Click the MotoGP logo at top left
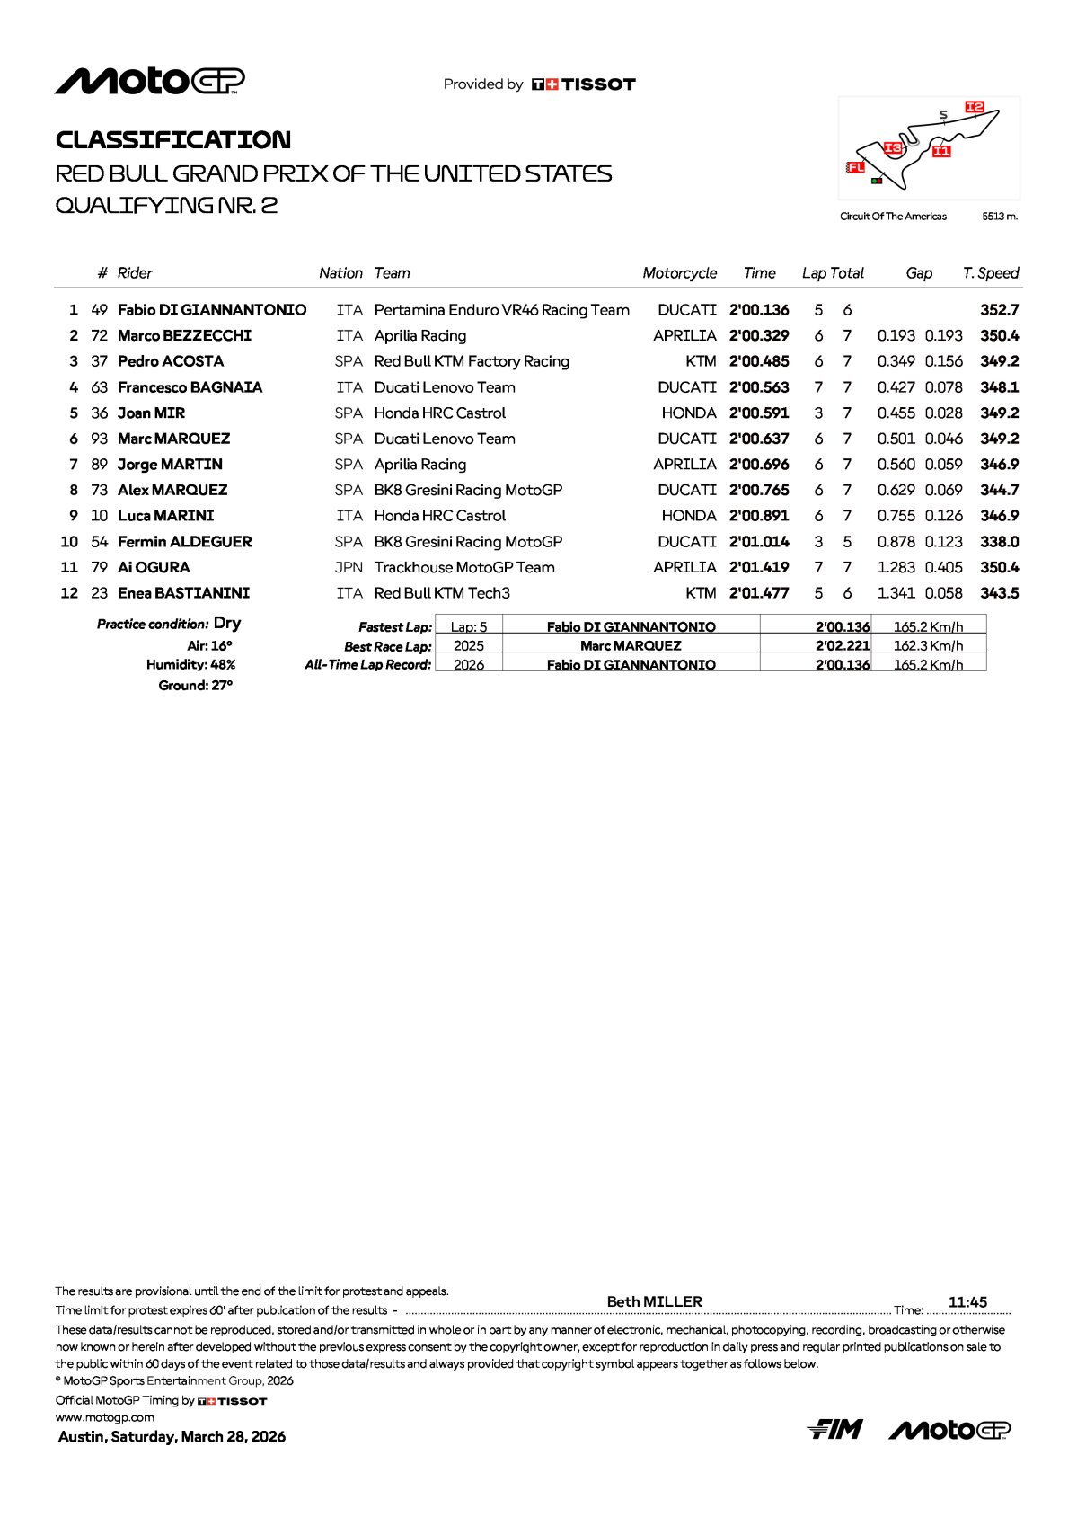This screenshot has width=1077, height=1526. (x=150, y=82)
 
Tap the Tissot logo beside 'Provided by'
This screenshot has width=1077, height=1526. (x=584, y=84)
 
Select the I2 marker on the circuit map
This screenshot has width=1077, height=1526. (x=975, y=107)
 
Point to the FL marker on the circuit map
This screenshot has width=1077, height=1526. (x=855, y=167)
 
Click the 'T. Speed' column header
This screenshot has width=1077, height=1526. (x=990, y=273)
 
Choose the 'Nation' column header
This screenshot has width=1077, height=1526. (x=340, y=273)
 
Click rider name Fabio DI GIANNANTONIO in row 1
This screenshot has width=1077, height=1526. (x=212, y=310)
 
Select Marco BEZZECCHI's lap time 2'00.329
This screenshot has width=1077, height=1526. (x=759, y=336)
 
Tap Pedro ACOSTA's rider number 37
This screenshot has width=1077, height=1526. (x=99, y=361)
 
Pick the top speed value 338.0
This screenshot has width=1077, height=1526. (x=999, y=542)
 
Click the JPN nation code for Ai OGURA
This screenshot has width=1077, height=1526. (x=349, y=568)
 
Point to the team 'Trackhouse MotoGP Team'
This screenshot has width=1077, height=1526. (x=464, y=568)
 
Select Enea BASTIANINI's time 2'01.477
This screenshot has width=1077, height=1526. (x=759, y=593)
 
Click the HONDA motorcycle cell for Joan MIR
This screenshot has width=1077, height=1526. (x=689, y=413)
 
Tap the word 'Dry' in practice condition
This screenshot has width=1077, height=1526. (x=227, y=624)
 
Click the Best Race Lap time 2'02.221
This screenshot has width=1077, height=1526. (x=843, y=646)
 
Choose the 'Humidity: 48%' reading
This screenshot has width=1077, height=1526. (x=190, y=665)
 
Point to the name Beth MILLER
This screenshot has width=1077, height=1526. (x=654, y=1301)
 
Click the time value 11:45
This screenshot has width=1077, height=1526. (x=967, y=1302)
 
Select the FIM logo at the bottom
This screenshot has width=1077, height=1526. (x=834, y=1429)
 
